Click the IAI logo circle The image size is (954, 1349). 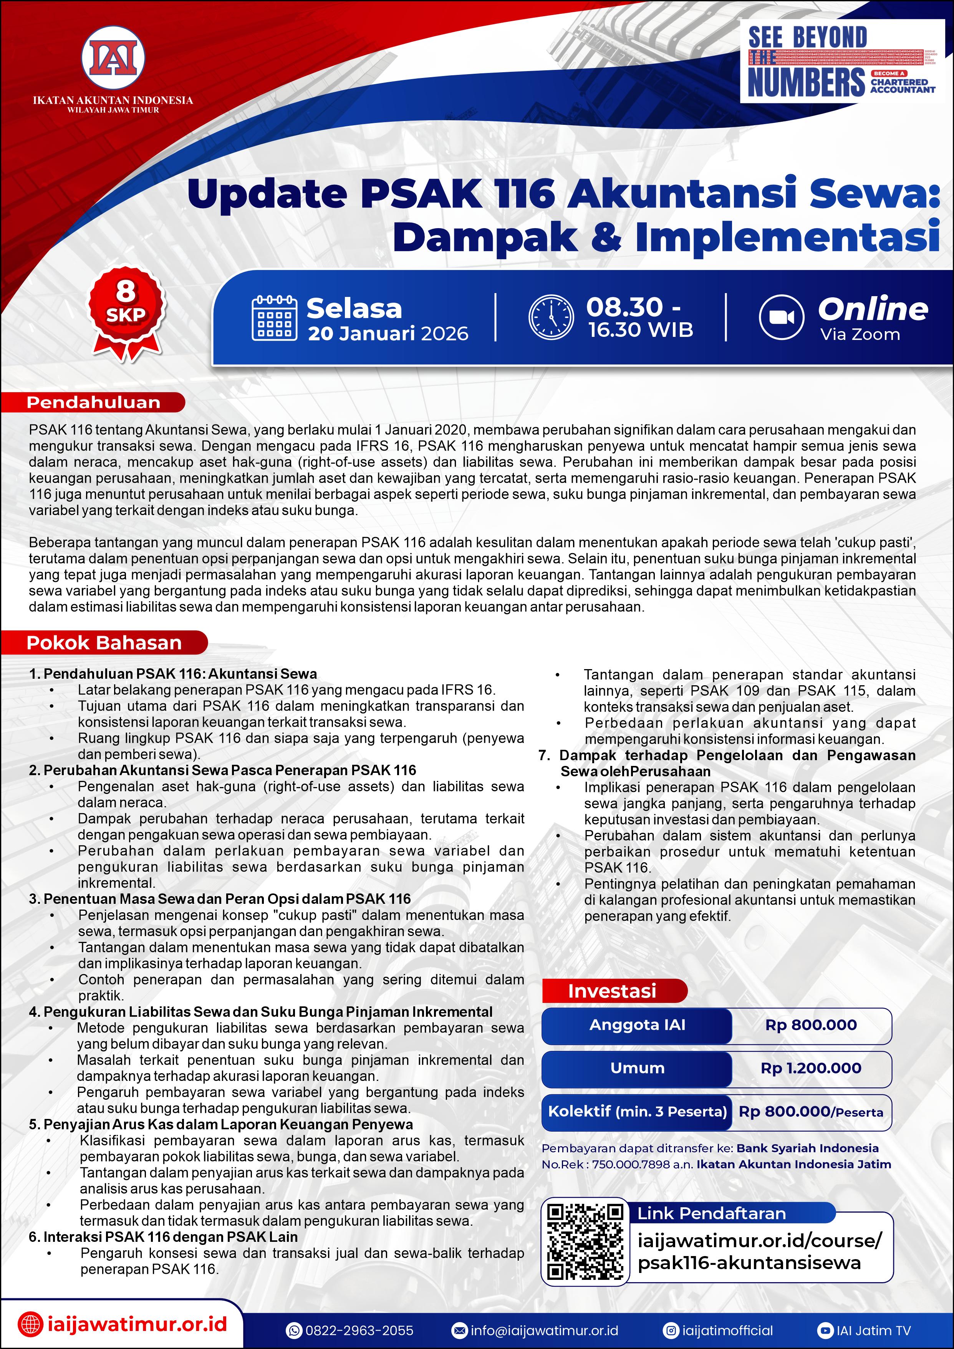coord(113,58)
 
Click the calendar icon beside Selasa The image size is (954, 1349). coord(274,318)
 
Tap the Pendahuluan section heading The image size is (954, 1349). coord(94,403)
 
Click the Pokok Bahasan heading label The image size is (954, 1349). coord(104,643)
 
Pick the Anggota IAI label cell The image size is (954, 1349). coord(638,1025)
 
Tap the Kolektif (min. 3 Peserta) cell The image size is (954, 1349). coord(638,1111)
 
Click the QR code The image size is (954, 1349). coord(585,1241)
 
